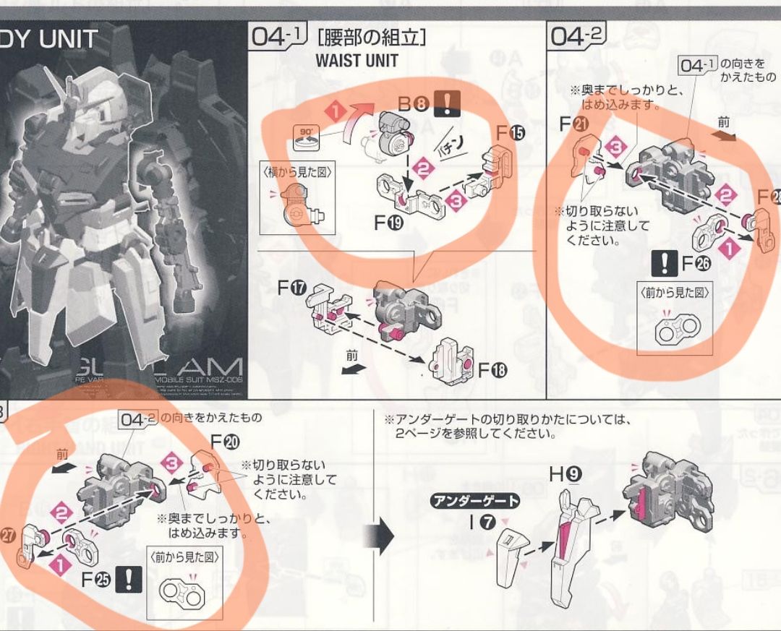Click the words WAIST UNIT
point(357,61)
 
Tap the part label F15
point(505,133)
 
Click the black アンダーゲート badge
point(474,501)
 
